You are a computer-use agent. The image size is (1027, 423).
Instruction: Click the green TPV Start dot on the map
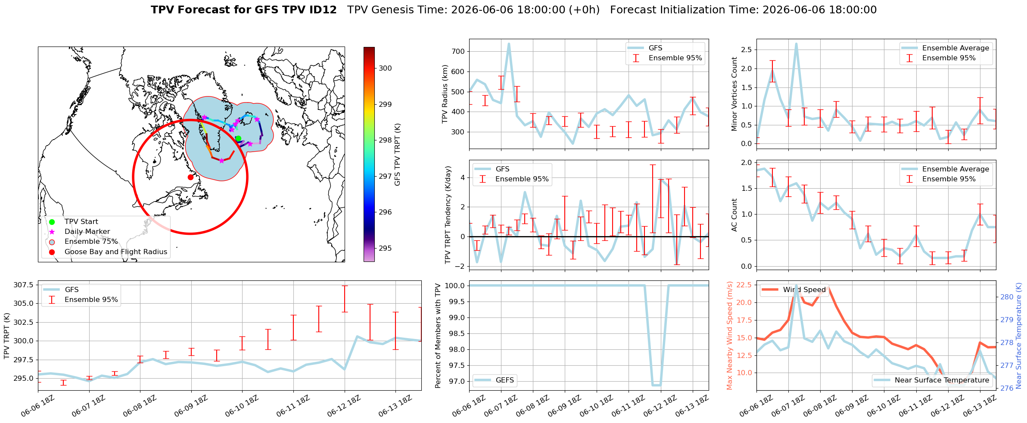coord(238,139)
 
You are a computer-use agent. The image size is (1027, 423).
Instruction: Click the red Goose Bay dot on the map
coord(190,177)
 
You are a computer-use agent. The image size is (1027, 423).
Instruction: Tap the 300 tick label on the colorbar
coord(386,68)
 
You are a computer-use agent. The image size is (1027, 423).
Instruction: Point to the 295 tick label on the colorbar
coord(386,248)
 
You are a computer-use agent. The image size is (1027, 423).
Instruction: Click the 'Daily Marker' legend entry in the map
coord(87,232)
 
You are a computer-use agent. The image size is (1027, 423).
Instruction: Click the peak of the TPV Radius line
coord(509,44)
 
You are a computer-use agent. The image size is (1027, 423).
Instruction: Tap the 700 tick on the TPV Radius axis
coord(458,52)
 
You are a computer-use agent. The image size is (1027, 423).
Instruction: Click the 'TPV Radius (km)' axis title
coord(445,94)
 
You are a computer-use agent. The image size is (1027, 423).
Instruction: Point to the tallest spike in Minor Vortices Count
coord(796,44)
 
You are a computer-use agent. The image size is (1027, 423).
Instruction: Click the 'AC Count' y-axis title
coord(734,215)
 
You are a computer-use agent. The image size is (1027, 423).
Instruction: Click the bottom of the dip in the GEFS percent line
coord(657,385)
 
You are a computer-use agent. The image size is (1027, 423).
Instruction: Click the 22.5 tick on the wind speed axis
coord(745,285)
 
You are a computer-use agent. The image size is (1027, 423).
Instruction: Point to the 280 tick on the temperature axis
coord(1007,297)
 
